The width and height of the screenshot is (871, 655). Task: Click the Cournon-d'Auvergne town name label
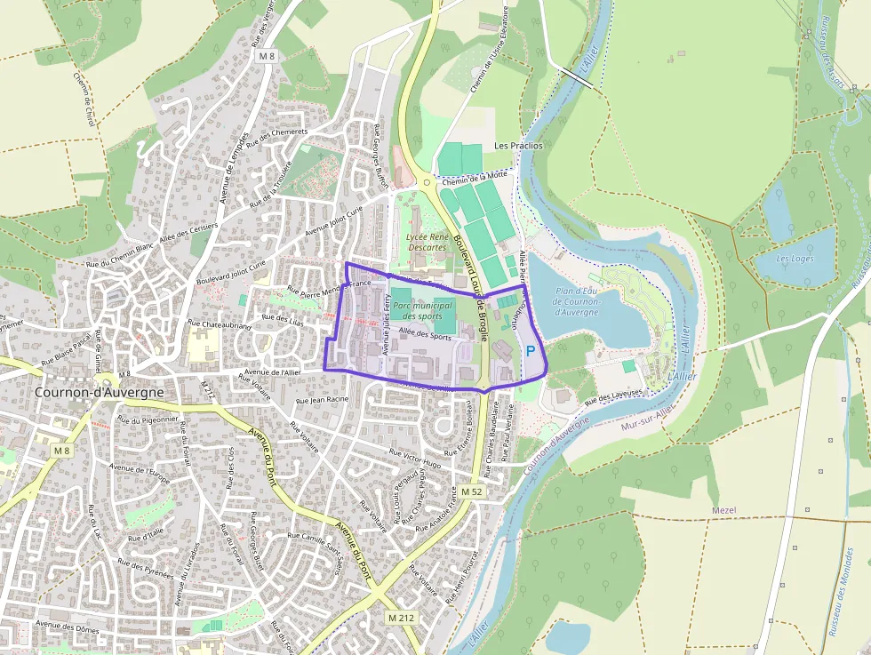click(x=99, y=392)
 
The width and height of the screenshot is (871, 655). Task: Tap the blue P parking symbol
click(x=531, y=352)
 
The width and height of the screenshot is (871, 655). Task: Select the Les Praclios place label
click(x=518, y=145)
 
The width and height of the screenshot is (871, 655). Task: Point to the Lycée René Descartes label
click(x=426, y=242)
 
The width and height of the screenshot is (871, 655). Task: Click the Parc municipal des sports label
click(x=422, y=310)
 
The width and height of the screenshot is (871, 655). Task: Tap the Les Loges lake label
click(x=795, y=259)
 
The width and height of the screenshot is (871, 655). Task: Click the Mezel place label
click(x=724, y=510)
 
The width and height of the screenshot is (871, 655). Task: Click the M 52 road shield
click(x=471, y=491)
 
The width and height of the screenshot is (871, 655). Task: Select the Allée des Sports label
click(x=425, y=334)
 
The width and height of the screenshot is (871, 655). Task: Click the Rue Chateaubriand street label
click(x=220, y=326)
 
